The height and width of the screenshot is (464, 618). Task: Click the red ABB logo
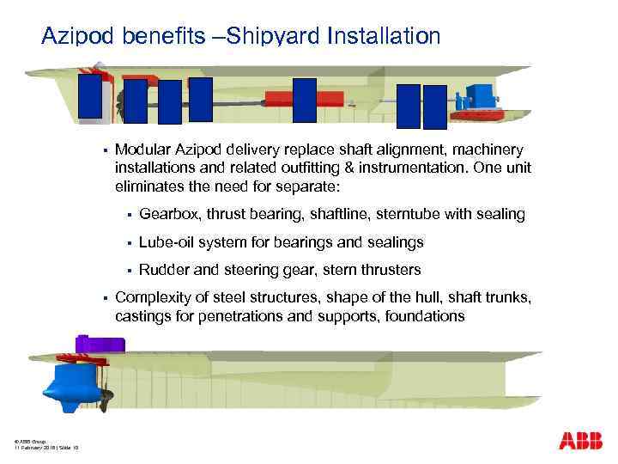click(580, 441)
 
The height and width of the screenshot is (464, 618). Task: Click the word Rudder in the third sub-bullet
click(165, 270)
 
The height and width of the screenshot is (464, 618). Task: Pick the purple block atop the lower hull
click(101, 345)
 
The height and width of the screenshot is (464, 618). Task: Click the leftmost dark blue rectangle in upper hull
click(89, 95)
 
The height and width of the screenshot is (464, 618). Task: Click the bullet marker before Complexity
click(103, 298)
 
